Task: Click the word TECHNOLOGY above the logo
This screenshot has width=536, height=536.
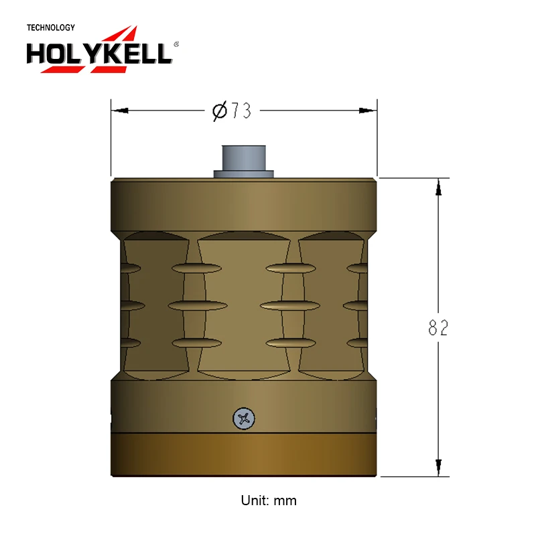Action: click(50, 28)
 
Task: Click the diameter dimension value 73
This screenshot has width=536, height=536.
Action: click(241, 111)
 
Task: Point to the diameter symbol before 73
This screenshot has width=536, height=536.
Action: click(219, 111)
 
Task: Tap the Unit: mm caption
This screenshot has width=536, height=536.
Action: click(268, 500)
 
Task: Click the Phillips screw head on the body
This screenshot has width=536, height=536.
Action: click(243, 419)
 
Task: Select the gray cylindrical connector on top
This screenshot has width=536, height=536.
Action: click(244, 157)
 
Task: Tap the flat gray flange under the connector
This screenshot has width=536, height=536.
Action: click(244, 174)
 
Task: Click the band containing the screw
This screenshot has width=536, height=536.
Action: click(167, 405)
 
